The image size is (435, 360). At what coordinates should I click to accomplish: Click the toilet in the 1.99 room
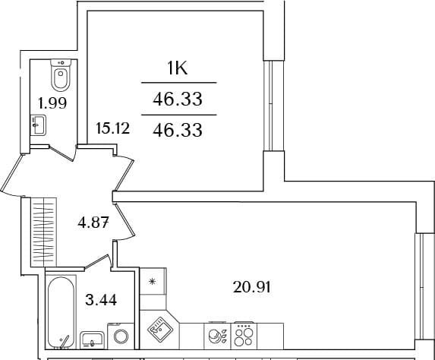click(x=61, y=75)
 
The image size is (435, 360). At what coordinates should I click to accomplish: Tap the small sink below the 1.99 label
click(x=38, y=125)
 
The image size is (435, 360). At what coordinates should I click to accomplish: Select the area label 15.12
click(x=112, y=128)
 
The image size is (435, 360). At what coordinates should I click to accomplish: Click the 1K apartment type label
click(x=178, y=68)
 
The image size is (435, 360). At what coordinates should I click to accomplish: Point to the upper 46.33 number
click(x=178, y=99)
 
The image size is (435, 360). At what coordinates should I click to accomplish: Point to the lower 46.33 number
click(x=178, y=130)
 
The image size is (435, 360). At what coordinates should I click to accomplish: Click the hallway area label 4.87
click(x=93, y=223)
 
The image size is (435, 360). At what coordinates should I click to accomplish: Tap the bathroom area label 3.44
click(x=101, y=300)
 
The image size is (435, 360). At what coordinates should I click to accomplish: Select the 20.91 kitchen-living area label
click(x=251, y=287)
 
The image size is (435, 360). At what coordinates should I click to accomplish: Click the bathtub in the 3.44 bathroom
click(x=61, y=312)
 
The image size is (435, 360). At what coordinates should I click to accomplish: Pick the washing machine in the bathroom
click(x=121, y=336)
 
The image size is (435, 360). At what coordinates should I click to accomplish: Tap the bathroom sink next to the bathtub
click(x=92, y=340)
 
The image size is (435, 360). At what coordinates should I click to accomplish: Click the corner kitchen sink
click(x=159, y=329)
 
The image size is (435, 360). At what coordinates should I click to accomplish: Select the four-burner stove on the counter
click(x=244, y=336)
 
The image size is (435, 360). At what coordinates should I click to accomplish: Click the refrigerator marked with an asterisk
click(x=153, y=282)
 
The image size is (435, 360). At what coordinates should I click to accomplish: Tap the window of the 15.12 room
click(x=269, y=106)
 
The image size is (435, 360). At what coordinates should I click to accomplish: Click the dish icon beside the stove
click(x=217, y=336)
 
